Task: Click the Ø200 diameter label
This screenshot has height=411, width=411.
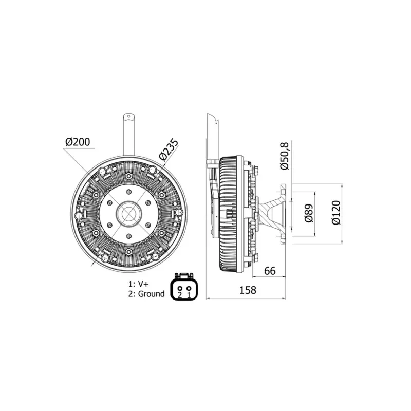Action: tap(80, 141)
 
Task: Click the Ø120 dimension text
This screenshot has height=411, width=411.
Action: tap(336, 212)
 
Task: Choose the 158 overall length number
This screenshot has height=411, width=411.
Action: tap(248, 290)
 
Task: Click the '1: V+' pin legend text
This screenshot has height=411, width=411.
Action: tap(139, 284)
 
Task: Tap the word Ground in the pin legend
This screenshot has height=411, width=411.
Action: tap(152, 294)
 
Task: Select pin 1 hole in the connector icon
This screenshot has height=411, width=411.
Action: tap(189, 286)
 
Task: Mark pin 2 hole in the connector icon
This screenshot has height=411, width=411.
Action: tap(180, 286)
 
